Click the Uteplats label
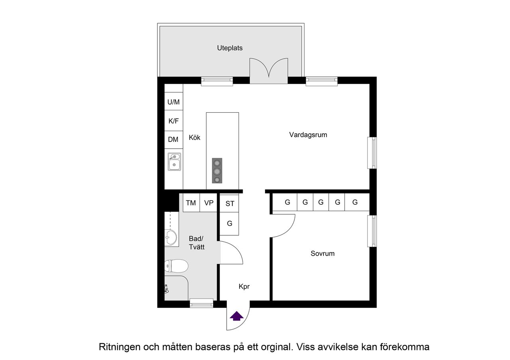click(229, 48)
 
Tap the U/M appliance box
click(173, 102)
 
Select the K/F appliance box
click(173, 121)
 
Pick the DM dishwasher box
click(173, 139)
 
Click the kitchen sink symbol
click(174, 162)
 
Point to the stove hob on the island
click(217, 171)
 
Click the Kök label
click(194, 138)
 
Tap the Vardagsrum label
click(308, 135)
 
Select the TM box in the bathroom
click(191, 203)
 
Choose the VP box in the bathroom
click(209, 203)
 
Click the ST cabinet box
click(230, 203)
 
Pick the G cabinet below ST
click(229, 223)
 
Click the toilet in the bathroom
click(176, 266)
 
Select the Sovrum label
click(322, 253)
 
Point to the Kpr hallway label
click(244, 286)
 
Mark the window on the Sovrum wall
click(372, 231)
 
